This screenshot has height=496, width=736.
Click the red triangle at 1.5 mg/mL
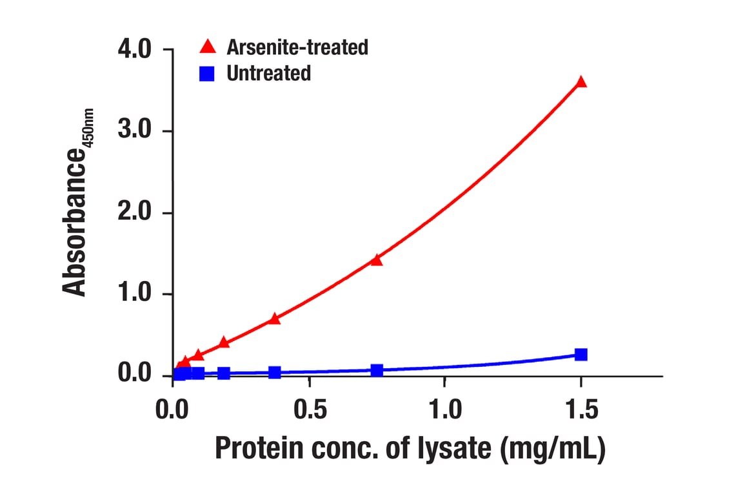581,82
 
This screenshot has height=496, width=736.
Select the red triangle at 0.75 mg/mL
377,260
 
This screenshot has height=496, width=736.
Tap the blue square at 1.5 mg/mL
581,355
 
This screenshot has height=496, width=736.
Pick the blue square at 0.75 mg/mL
377,370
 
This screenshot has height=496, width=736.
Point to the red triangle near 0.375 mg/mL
275,318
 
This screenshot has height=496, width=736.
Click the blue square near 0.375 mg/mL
275,372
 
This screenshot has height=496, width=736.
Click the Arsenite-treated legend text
297,46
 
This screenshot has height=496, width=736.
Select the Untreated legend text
268,73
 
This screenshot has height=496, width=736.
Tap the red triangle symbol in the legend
207,46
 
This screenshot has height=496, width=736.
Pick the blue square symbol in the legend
207,74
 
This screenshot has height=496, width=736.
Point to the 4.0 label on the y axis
135,49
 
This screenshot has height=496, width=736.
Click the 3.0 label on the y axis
135,131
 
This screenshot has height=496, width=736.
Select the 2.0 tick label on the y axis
135,212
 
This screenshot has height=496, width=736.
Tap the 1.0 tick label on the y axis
135,294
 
